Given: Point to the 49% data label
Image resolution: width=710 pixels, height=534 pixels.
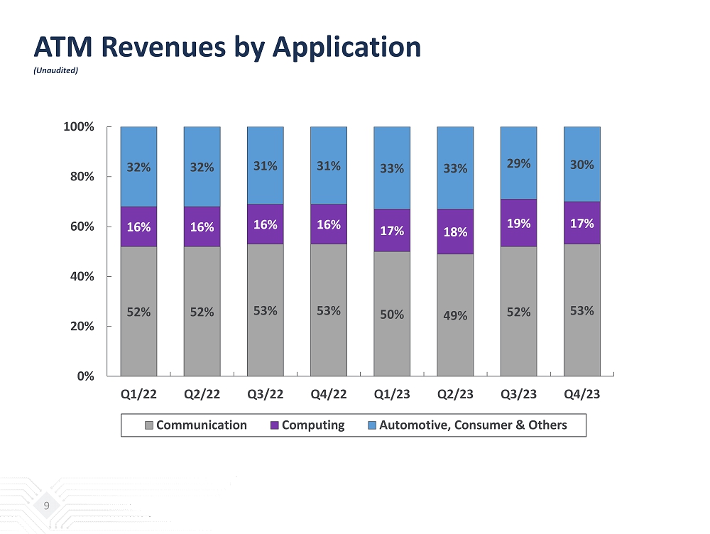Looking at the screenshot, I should click(455, 315).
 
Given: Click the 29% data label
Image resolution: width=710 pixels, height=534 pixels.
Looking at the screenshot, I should click(518, 163).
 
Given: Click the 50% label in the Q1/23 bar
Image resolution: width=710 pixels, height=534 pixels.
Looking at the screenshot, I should click(392, 313).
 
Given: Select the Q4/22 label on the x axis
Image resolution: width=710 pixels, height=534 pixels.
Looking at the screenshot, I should click(329, 395).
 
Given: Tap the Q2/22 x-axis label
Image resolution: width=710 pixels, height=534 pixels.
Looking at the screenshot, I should click(202, 395).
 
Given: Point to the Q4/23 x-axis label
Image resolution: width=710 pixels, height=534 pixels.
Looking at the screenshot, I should click(582, 395).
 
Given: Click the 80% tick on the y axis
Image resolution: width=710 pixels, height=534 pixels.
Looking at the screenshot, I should click(80, 176).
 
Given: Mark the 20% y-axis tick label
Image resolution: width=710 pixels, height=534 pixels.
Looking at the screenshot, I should click(80, 326).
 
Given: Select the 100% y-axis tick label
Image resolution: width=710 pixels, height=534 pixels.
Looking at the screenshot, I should click(78, 126).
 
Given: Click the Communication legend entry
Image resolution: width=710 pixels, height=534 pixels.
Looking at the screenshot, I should click(201, 425).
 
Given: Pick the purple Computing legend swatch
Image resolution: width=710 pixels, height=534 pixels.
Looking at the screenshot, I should click(274, 425).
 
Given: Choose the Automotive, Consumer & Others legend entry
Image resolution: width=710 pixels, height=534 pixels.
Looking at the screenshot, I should click(473, 425).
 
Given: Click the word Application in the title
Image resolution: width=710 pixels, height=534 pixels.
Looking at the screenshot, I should click(348, 48).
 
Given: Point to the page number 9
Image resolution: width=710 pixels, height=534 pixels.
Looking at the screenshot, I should click(46, 506).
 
